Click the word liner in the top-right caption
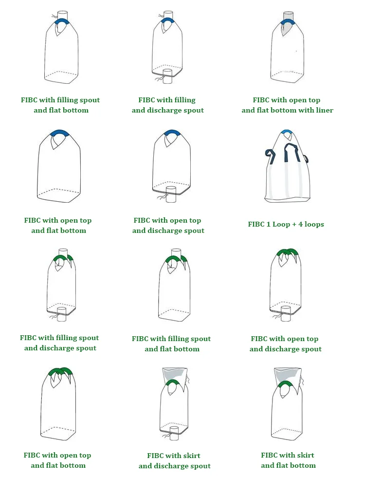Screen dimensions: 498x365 pyautogui.click(x=323, y=110)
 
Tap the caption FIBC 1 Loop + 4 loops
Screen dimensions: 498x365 pyautogui.click(x=286, y=224)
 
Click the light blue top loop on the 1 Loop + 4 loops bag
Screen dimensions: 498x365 pyautogui.click(x=287, y=132)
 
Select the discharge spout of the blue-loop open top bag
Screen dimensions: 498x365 pyautogui.click(x=170, y=194)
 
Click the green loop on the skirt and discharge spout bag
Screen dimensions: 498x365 pyautogui.click(x=172, y=383)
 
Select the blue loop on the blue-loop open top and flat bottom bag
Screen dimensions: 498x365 pyautogui.click(x=58, y=133)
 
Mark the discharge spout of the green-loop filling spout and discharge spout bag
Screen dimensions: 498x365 pyautogui.click(x=61, y=312)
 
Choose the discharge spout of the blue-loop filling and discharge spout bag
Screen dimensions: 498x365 pyautogui.click(x=168, y=74)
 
